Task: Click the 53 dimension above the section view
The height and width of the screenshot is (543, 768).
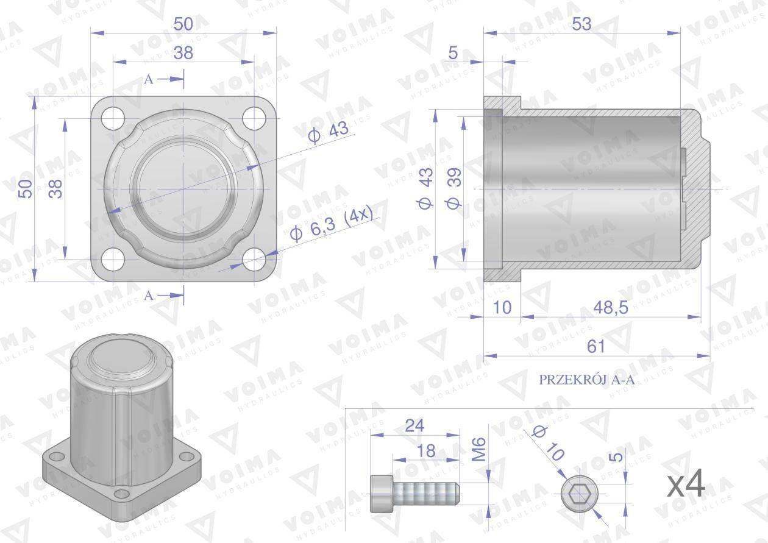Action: pos(582,24)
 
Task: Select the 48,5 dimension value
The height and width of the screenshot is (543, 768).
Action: pos(611,308)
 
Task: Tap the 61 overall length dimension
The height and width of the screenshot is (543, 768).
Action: pos(596,346)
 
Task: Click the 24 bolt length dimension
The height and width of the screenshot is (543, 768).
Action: pos(414,426)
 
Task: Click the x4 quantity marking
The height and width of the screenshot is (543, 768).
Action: pos(686,485)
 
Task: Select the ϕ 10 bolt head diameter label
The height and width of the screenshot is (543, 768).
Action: pos(547,442)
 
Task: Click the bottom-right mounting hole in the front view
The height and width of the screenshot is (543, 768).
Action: pos(254,260)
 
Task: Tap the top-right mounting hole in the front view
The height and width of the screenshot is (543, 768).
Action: pos(254,118)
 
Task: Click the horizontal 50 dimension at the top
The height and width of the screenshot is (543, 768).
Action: pos(183,24)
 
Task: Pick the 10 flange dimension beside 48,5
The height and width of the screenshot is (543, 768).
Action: pos(502,308)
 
